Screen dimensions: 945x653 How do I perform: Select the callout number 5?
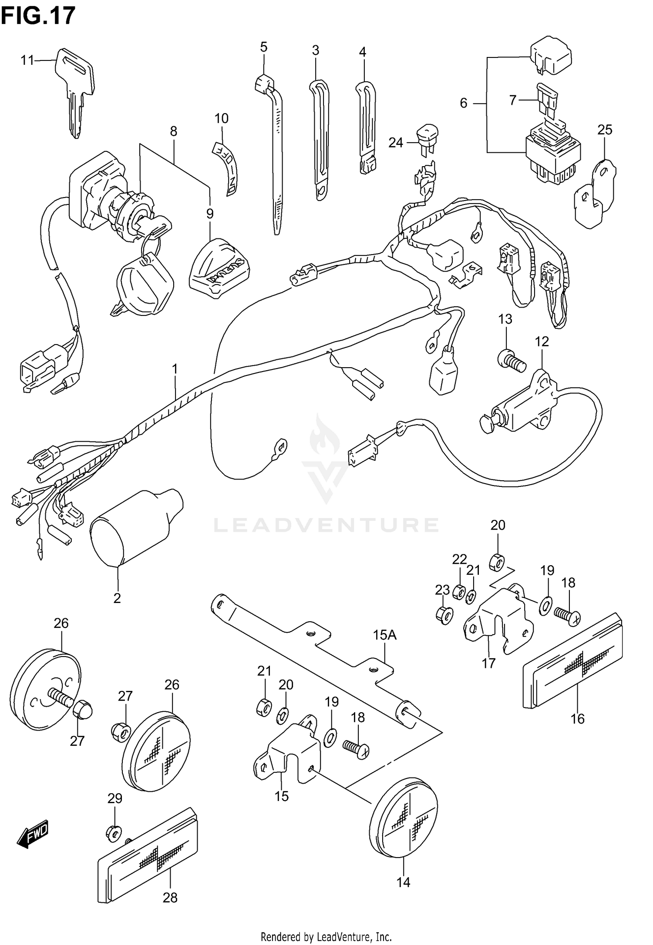tap(264, 47)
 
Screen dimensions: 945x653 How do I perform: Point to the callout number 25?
tap(605, 130)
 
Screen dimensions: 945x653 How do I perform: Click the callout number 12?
tap(542, 342)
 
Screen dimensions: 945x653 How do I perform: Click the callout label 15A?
tap(385, 635)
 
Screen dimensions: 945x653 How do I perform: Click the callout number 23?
tap(442, 590)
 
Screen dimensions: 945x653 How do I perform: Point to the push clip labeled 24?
tap(427, 136)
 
